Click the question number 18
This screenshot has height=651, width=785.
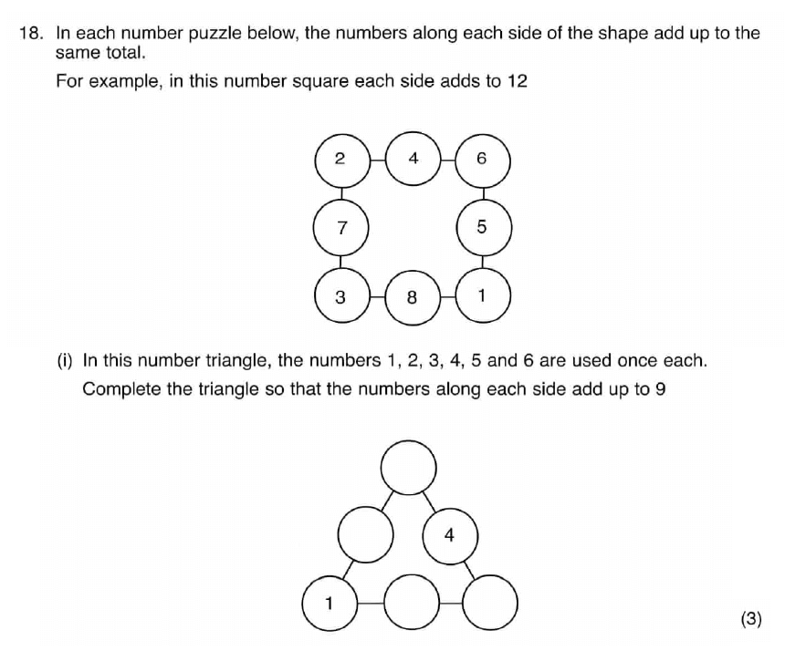click(29, 34)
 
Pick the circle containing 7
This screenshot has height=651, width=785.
click(341, 228)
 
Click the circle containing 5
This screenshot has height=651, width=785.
click(484, 228)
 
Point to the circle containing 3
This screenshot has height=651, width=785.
click(342, 295)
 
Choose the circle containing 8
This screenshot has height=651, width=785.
click(413, 297)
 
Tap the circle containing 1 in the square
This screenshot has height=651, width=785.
click(483, 295)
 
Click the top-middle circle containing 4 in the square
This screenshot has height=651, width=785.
click(413, 159)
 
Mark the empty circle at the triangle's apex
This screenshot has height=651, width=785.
click(409, 468)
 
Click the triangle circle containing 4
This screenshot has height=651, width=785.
click(450, 536)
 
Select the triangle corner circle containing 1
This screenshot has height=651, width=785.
click(330, 604)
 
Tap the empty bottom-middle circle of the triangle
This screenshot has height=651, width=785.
click(412, 602)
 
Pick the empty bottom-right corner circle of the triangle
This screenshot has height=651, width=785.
click(490, 602)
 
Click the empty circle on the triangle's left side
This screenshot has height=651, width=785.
click(365, 534)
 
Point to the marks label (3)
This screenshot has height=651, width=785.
click(751, 619)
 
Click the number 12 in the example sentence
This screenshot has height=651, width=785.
click(518, 81)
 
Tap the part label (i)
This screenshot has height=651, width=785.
click(65, 360)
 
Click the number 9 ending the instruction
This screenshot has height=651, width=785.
click(660, 389)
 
